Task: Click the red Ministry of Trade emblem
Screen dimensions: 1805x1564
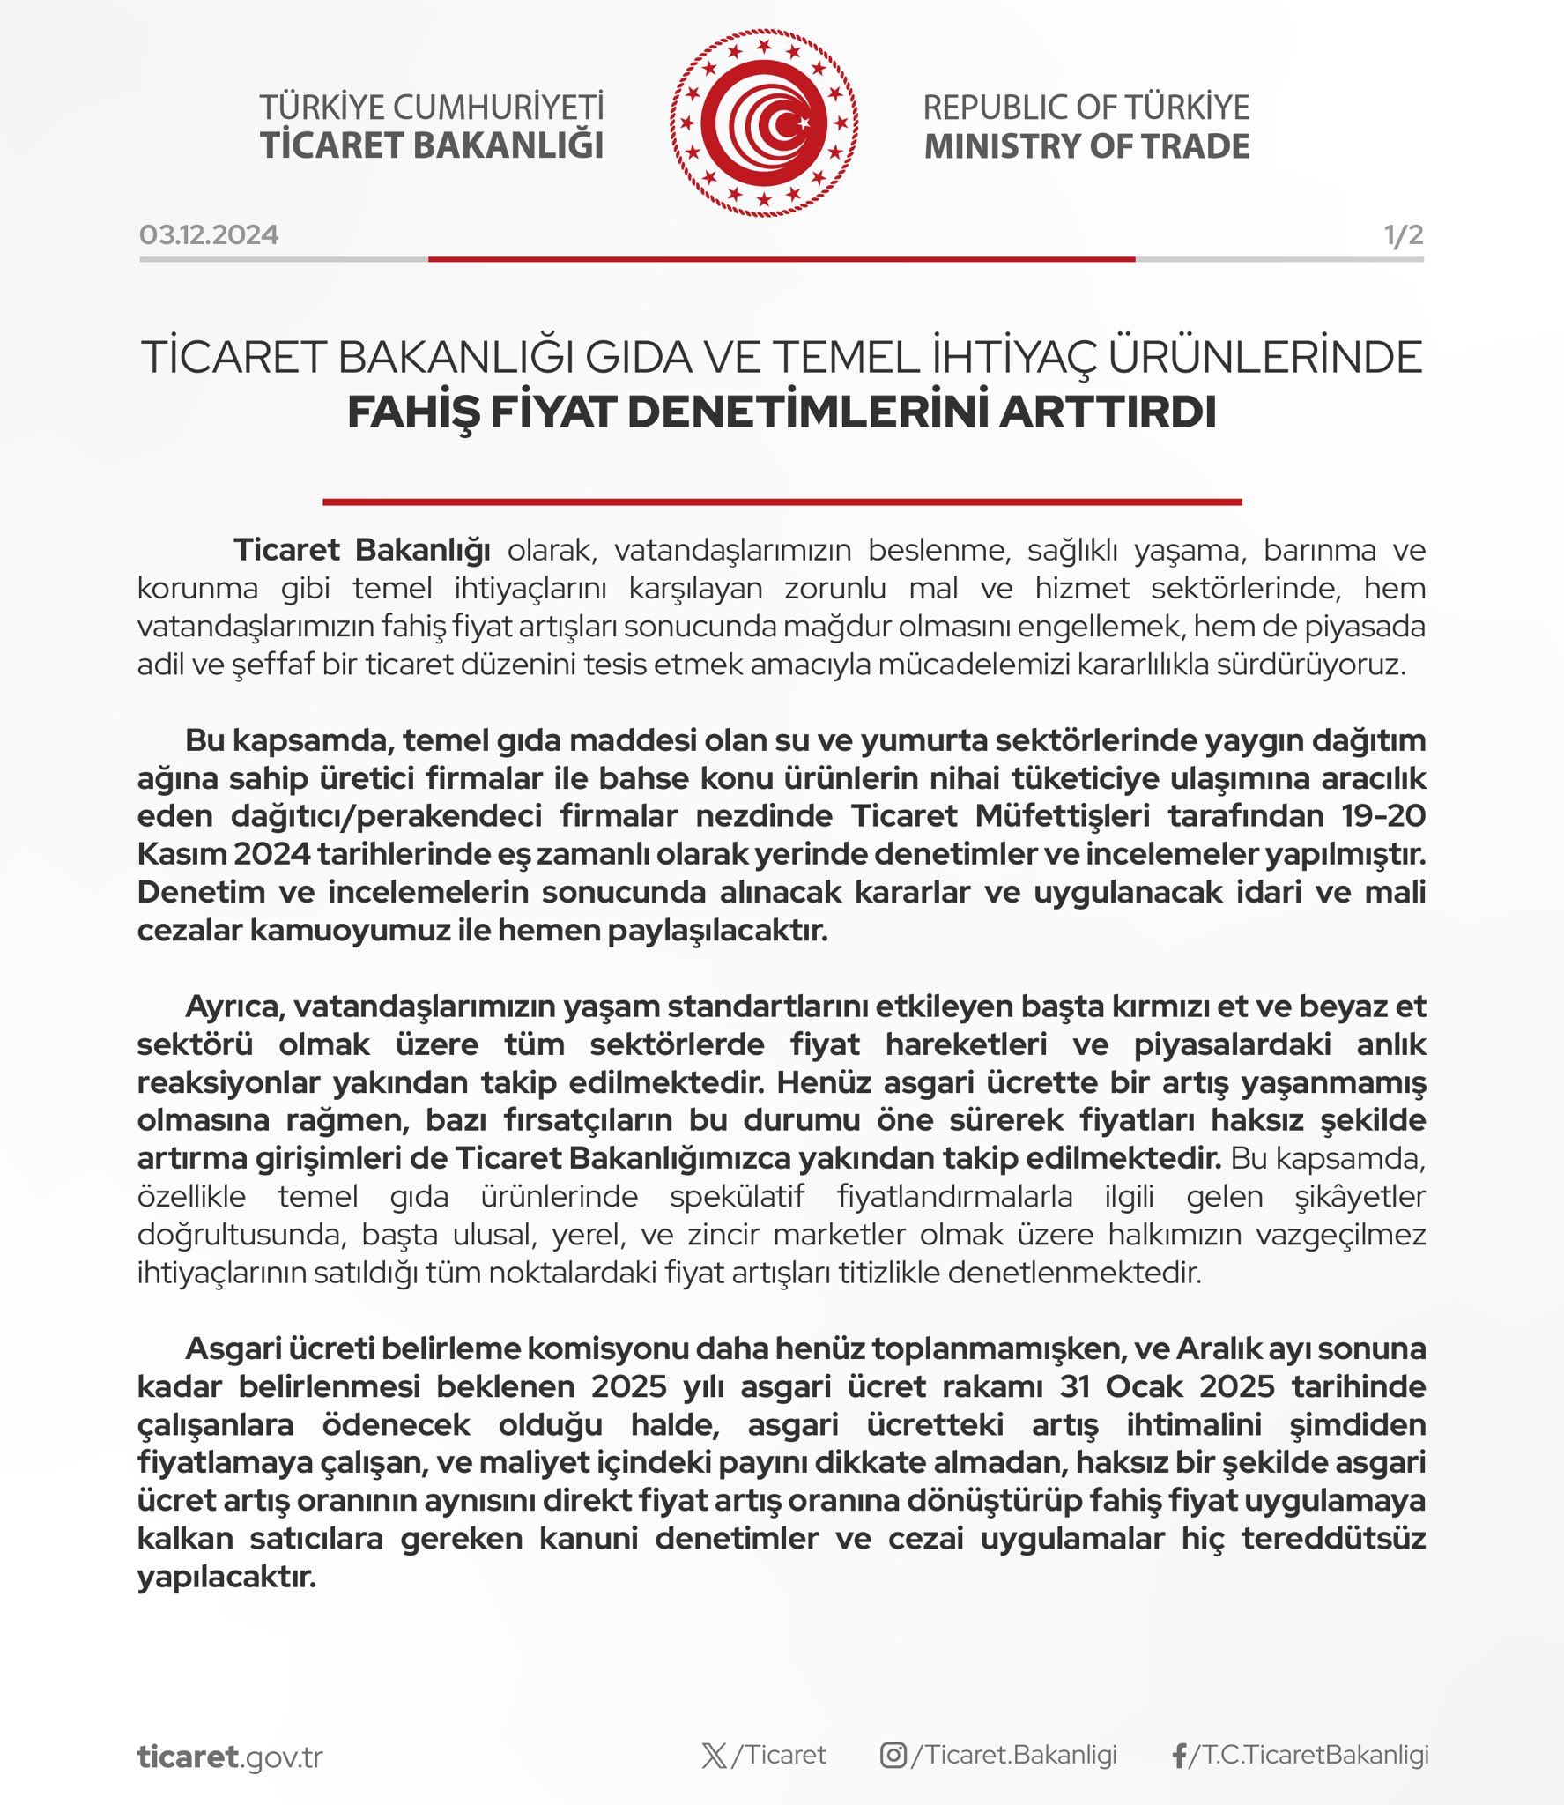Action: coord(763,123)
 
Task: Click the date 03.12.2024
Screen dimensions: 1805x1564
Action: coord(209,234)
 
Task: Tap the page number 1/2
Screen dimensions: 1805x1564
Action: coord(1403,234)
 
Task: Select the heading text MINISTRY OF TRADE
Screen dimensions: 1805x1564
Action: coord(1086,146)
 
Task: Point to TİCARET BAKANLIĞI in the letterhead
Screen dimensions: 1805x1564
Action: coord(432,146)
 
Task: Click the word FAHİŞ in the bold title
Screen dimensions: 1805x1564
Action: coord(413,412)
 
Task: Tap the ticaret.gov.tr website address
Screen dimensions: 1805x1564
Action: coord(230,1757)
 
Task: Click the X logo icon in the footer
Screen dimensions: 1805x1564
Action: coord(715,1756)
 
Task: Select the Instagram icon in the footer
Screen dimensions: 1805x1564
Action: coord(893,1756)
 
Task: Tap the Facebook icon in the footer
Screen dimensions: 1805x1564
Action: coord(1180,1756)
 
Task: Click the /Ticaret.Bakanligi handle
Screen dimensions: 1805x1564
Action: coord(1014,1755)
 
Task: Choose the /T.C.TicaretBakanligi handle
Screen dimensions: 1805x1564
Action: coord(1309,1755)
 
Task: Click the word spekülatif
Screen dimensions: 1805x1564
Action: coord(737,1197)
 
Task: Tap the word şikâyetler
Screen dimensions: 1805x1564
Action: coord(1360,1197)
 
